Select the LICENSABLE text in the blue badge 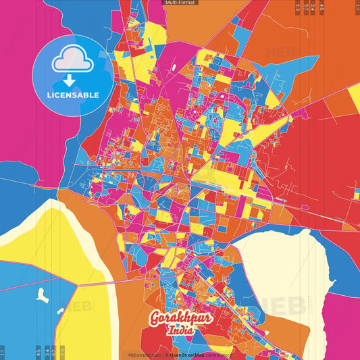coord(73,95)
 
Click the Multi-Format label coord(180,3)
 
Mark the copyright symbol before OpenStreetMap coord(169,355)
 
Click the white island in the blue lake coord(42,294)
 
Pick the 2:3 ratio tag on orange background coord(298,8)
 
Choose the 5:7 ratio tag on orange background coord(307,8)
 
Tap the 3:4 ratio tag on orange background coord(315,8)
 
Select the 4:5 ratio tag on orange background coord(323,8)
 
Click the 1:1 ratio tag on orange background coord(357,8)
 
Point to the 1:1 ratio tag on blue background coord(3,352)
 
